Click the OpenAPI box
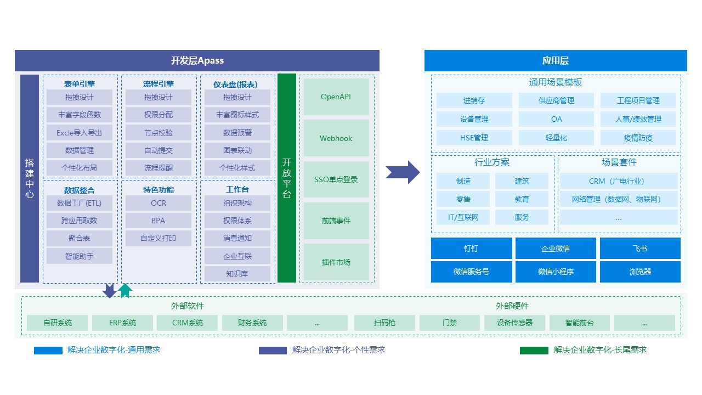(336, 97)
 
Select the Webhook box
(336, 138)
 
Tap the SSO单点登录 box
(336, 179)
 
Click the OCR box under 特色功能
(158, 203)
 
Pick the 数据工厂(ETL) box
(80, 203)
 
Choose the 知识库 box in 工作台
(237, 273)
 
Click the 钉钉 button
(471, 248)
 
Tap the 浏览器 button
(640, 272)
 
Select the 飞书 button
(640, 248)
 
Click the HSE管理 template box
(474, 138)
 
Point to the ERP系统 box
(122, 323)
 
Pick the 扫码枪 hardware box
(384, 323)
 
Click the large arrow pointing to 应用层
(403, 172)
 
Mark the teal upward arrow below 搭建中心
(125, 290)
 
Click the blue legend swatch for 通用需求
(48, 351)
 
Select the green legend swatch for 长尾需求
(534, 351)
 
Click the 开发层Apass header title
(197, 61)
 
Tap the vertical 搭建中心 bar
(30, 178)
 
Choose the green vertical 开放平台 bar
(287, 178)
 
